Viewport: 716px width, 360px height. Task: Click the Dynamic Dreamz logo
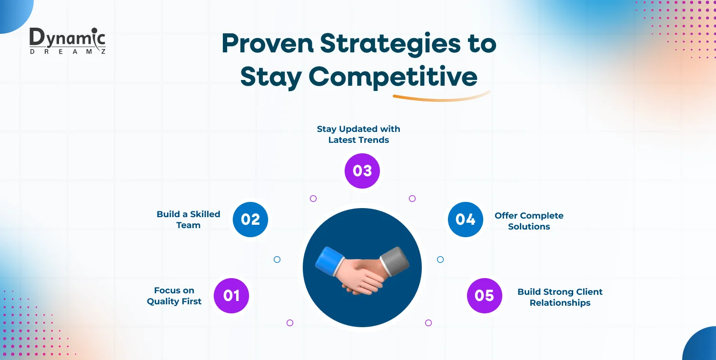tap(67, 41)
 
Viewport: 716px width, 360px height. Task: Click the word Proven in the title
tap(267, 44)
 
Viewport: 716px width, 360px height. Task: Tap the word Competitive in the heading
tap(393, 77)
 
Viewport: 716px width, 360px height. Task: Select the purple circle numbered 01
tap(231, 296)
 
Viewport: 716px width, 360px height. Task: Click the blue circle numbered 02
tap(250, 220)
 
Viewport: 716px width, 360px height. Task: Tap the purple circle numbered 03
tap(362, 171)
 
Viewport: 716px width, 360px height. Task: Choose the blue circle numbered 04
tap(465, 220)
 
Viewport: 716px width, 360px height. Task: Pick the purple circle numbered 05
tap(484, 296)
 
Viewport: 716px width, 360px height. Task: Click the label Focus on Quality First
tap(174, 296)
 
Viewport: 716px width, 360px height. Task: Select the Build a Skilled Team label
tap(189, 220)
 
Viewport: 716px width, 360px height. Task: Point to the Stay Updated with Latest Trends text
tap(358, 134)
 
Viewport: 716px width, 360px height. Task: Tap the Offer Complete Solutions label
tap(529, 221)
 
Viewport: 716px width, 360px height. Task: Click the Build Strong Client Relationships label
tap(560, 297)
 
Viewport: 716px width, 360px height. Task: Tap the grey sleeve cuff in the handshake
tap(395, 260)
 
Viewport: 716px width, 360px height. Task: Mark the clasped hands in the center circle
tap(362, 276)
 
